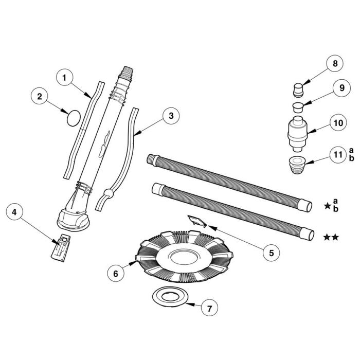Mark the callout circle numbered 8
point(335,64)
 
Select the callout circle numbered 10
point(337,123)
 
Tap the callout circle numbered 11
point(337,155)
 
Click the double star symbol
point(331,237)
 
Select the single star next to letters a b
point(327,206)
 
